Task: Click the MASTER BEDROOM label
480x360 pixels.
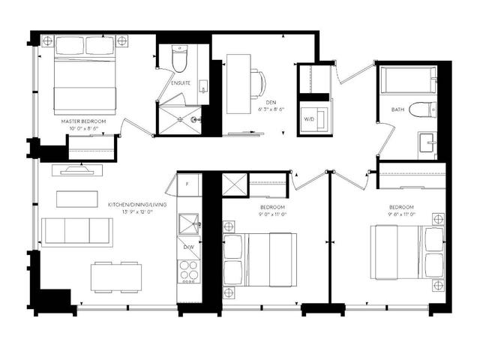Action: coord(84,121)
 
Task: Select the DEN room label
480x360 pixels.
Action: coord(271,103)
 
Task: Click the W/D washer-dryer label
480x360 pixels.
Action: coord(309,118)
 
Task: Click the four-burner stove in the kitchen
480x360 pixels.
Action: coord(187,272)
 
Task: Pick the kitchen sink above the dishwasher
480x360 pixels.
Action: coord(188,222)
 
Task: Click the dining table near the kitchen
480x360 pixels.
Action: coord(116,277)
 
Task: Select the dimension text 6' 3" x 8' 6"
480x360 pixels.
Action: coord(271,111)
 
